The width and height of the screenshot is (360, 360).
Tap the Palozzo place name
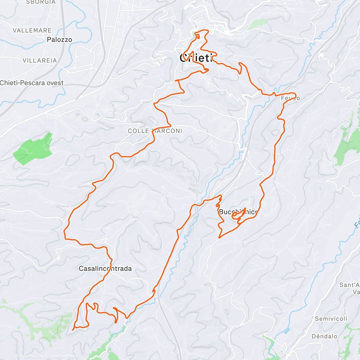[x=59, y=40]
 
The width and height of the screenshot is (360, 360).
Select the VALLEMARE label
[x=32, y=30]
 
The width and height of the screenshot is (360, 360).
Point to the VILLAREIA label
[x=40, y=61]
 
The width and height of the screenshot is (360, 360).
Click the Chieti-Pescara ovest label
[x=31, y=83]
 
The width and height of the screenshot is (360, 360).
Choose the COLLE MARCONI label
[x=155, y=131]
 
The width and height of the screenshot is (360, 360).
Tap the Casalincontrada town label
[x=105, y=268]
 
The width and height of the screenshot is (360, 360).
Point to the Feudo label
[x=290, y=98]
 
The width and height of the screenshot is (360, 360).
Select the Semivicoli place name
[x=331, y=319]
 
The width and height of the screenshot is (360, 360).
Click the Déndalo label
[x=324, y=336]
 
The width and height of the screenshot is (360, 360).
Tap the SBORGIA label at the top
[x=41, y=2]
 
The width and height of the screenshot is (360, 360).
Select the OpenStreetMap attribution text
[x=61, y=356]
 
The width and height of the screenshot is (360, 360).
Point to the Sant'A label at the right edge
[x=349, y=285]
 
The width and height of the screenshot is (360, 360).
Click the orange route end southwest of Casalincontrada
[x=73, y=330]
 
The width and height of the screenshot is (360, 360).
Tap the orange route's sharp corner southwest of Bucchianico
[x=219, y=238]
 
